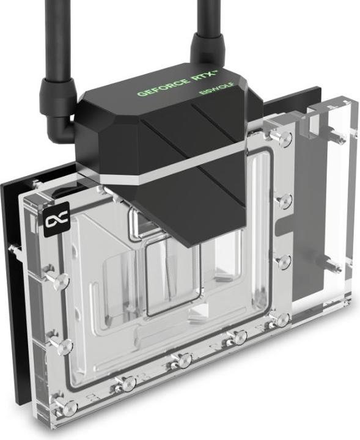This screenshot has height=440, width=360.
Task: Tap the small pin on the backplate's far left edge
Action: coord(13,249)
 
